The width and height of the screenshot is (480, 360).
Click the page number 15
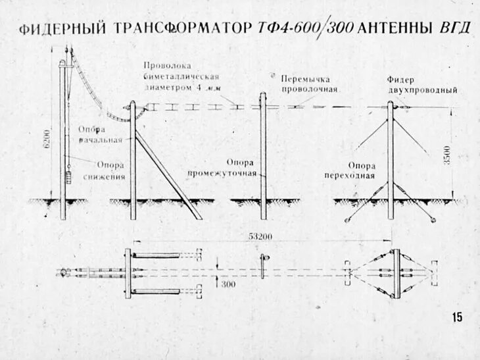click(x=456, y=317)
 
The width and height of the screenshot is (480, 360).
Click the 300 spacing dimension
click(x=228, y=283)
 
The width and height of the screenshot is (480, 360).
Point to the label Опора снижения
click(x=104, y=171)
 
